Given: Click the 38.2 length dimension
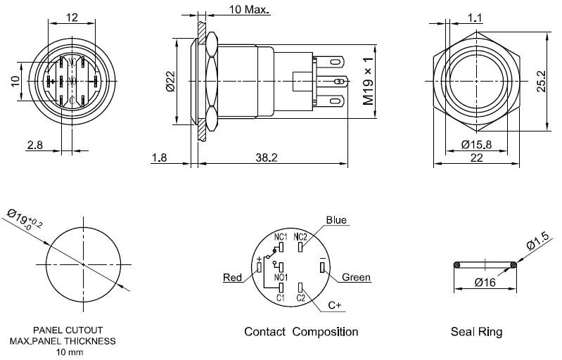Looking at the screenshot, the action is [x=267, y=157].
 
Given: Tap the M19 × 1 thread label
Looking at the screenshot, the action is [x=368, y=81].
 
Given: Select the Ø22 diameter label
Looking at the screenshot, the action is [x=170, y=82].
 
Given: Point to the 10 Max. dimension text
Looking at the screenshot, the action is [x=249, y=9].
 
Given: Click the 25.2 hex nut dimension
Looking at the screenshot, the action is [x=541, y=82].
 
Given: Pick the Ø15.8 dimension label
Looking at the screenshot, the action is [x=476, y=144].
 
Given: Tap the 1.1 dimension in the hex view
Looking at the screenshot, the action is [x=475, y=18].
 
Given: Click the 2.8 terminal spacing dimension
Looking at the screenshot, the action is [x=34, y=145].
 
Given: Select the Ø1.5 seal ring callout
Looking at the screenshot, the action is [x=537, y=240].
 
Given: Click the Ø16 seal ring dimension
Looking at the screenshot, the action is [x=485, y=283].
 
